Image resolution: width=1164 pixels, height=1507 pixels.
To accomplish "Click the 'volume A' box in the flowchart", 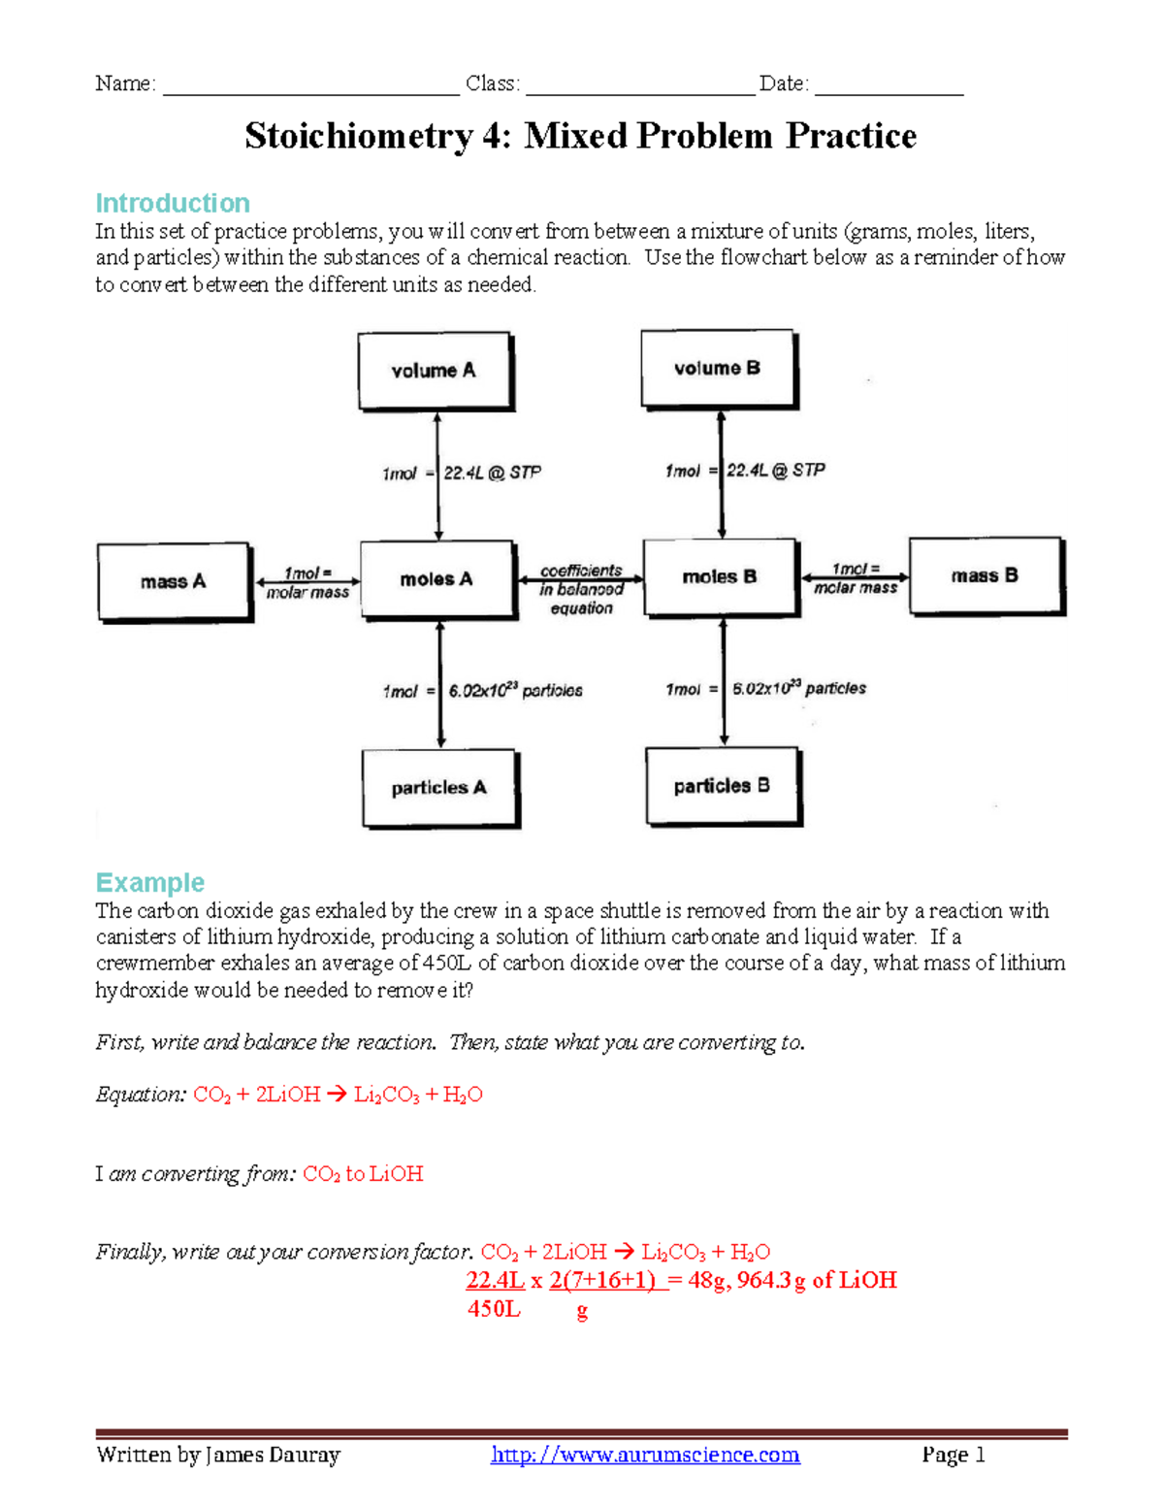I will [x=434, y=371].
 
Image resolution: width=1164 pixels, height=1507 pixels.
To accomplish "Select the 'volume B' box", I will [x=717, y=369].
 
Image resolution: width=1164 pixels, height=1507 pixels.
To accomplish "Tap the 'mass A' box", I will [x=174, y=581].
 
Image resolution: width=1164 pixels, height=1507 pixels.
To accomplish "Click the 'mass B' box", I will [x=985, y=575].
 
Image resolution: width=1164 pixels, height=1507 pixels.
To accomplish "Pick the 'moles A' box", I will [x=436, y=579].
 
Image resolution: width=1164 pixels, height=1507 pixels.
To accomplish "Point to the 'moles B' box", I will [x=720, y=576].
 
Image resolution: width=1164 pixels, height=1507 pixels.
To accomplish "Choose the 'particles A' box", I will [x=438, y=788].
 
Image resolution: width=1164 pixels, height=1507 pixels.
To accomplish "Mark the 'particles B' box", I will [x=722, y=786].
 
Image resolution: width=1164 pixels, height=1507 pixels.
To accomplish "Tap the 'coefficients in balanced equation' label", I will [x=581, y=589].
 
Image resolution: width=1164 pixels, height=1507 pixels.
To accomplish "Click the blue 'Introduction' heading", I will [x=173, y=203].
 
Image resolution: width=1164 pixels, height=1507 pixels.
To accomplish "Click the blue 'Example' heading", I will [x=150, y=882].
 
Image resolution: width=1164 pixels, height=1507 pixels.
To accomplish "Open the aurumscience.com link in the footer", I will [x=645, y=1455].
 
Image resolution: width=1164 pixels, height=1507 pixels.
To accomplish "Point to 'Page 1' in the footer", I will [x=954, y=1455].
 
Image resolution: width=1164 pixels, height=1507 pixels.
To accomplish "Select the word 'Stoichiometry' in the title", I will [x=359, y=136].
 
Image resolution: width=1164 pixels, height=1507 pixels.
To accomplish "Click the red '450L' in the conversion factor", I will [x=494, y=1309].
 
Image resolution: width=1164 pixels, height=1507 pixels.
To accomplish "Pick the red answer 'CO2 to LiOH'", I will [x=363, y=1174].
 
